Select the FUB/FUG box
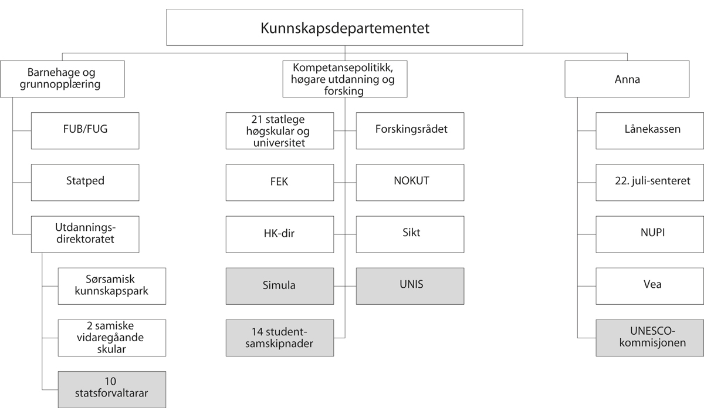click(x=85, y=130)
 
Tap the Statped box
click(x=85, y=182)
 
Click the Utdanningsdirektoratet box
click(x=85, y=234)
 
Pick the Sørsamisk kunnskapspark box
click(x=112, y=286)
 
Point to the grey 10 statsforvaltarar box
click(x=112, y=389)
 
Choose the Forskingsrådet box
click(x=410, y=130)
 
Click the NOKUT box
click(x=410, y=182)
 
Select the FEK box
click(x=280, y=182)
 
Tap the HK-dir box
click(x=280, y=234)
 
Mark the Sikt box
click(x=410, y=234)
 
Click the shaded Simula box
click(x=280, y=286)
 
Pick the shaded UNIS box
click(x=410, y=286)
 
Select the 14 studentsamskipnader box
click(x=280, y=338)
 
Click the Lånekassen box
click(x=650, y=130)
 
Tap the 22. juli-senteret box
click(x=650, y=182)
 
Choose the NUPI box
click(x=650, y=234)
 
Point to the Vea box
click(x=650, y=286)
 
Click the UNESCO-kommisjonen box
click(x=650, y=338)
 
